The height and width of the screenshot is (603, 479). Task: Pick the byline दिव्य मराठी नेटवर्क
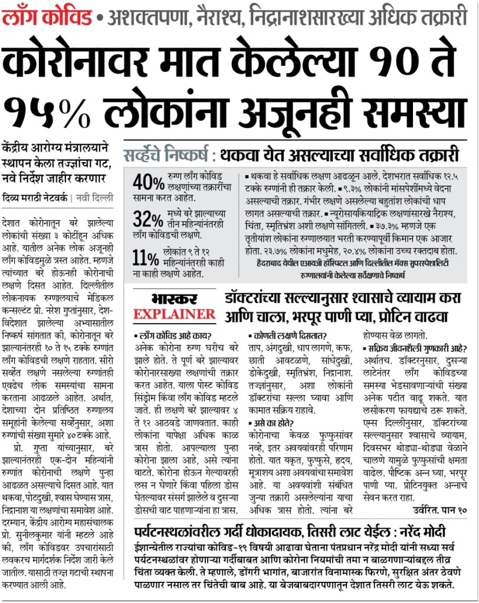34,198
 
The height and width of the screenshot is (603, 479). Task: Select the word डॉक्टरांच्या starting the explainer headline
260,299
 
